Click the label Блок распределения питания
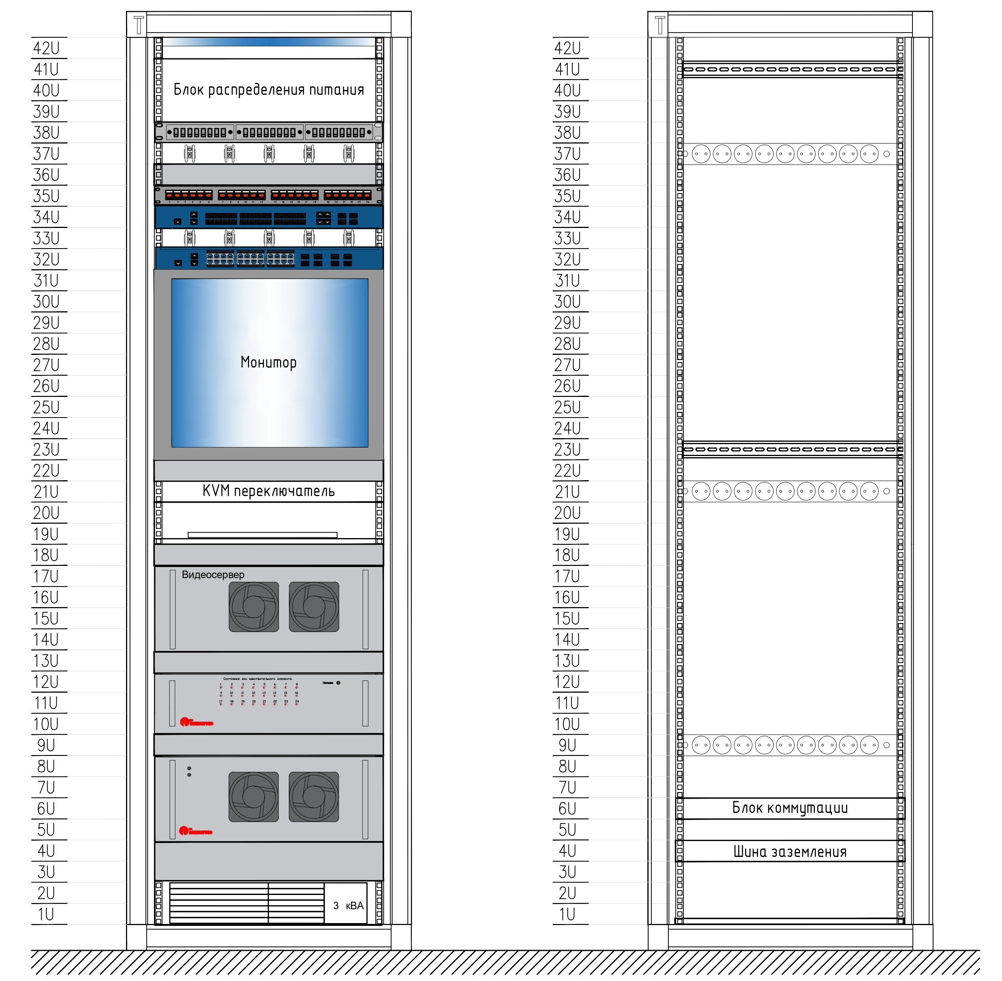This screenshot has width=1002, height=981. click(x=268, y=90)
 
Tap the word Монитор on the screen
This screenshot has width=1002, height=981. click(x=268, y=362)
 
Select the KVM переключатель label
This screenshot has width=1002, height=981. click(x=268, y=491)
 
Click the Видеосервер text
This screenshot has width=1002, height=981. click(x=213, y=575)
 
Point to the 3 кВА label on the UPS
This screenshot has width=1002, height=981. click(x=348, y=906)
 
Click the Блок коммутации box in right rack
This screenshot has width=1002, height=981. click(x=790, y=808)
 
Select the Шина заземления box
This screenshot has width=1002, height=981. click(x=790, y=852)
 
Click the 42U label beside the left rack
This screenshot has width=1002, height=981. click(x=46, y=48)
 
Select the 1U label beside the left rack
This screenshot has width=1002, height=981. click(x=46, y=914)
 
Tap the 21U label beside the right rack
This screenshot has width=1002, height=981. click(x=567, y=492)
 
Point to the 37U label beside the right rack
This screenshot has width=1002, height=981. click(x=567, y=153)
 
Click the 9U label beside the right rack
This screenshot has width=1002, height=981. click(x=567, y=745)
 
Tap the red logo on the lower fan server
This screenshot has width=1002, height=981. click(x=195, y=831)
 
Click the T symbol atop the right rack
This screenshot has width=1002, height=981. click(x=660, y=25)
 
